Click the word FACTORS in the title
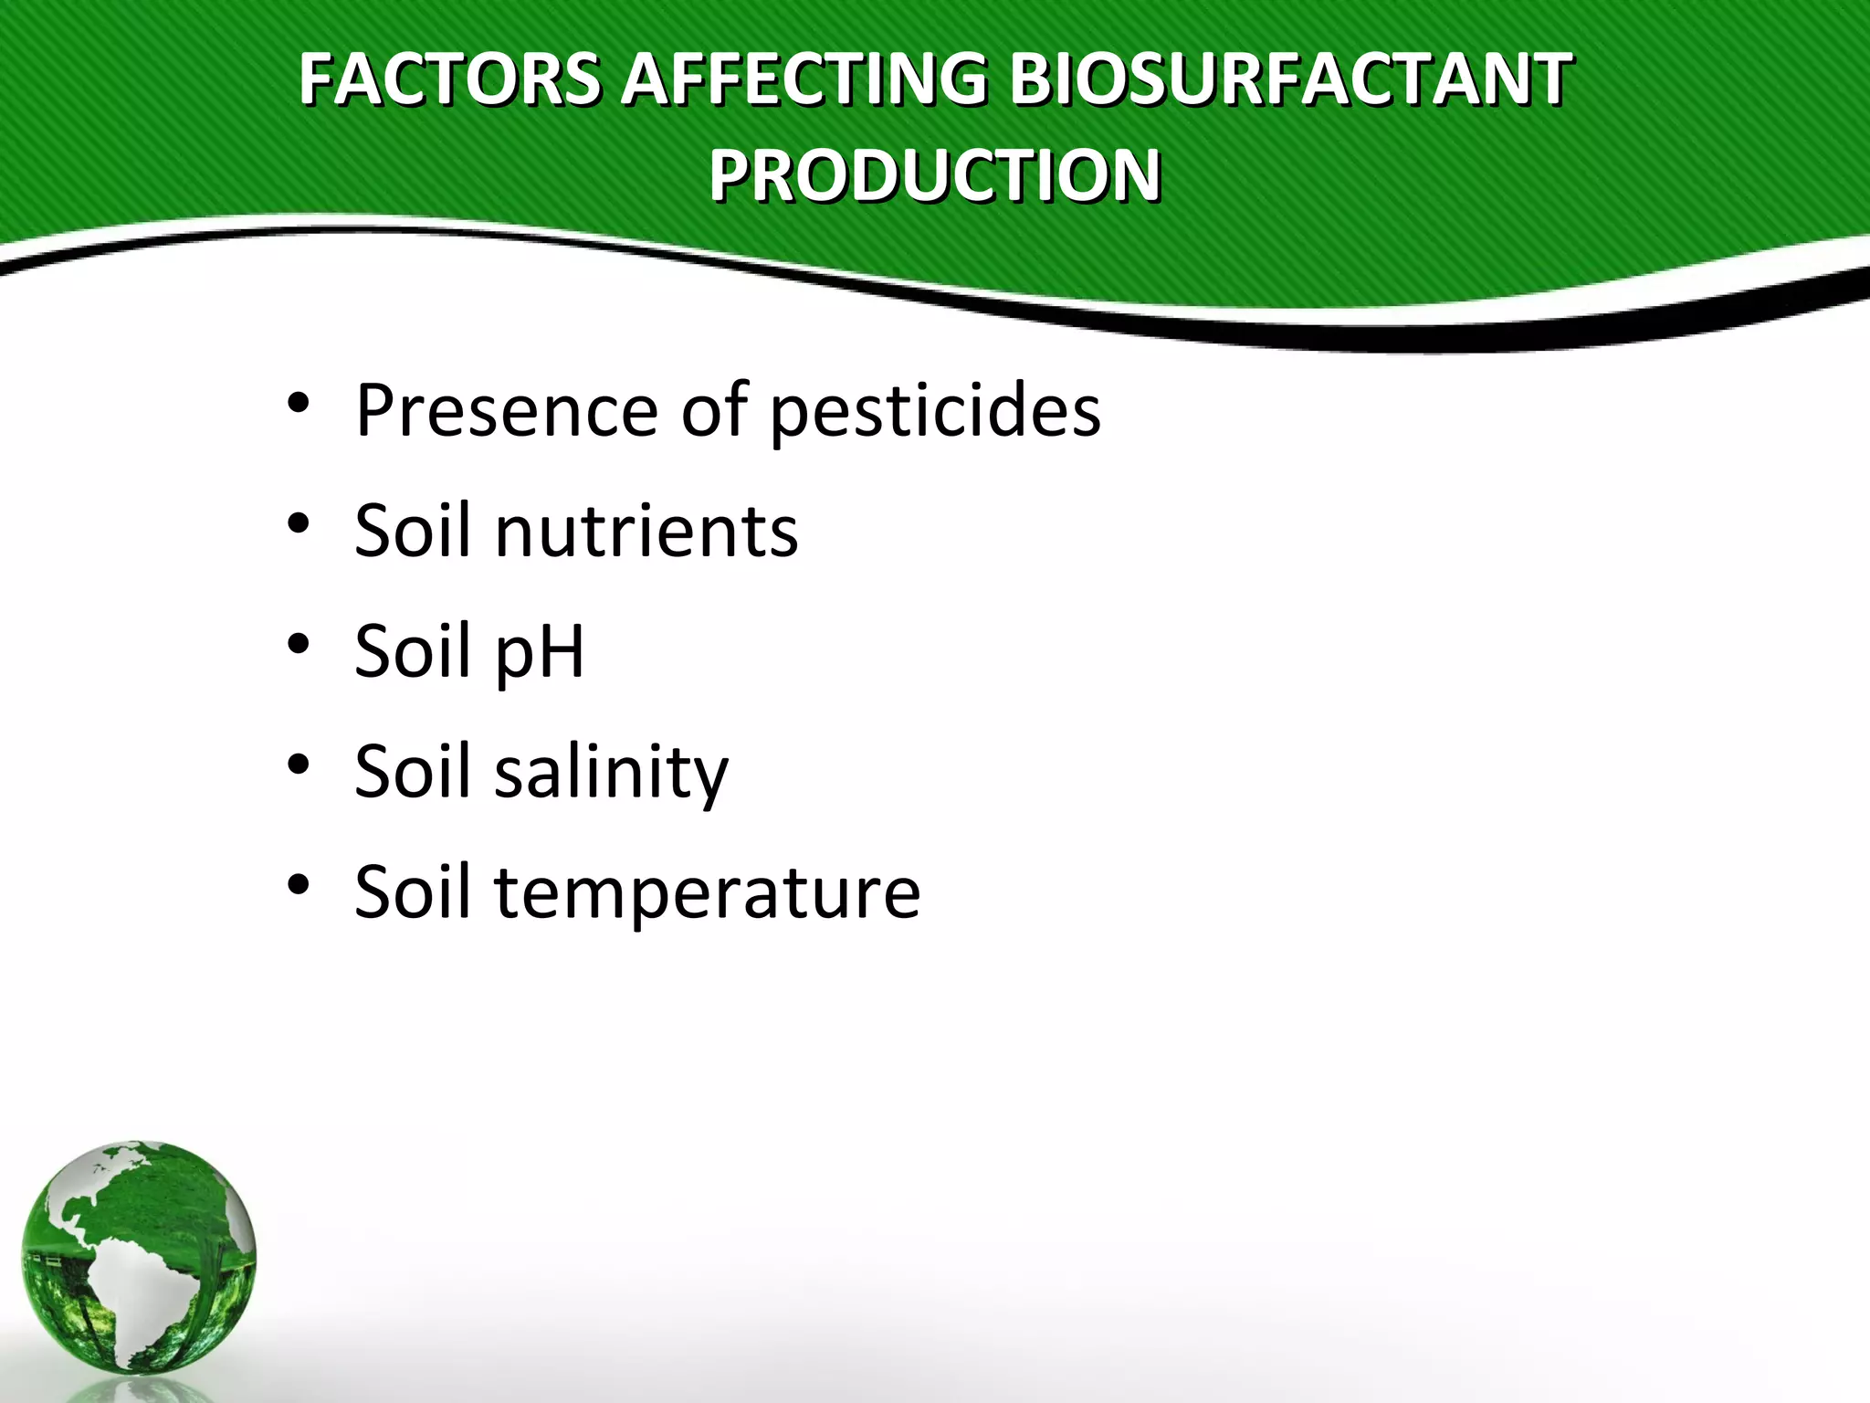(448, 79)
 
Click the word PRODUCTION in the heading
(934, 175)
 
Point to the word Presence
(507, 410)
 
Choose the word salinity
(611, 773)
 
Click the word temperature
(708, 892)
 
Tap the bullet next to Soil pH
(299, 644)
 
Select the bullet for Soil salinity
(299, 765)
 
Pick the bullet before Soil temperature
(299, 884)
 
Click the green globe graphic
(139, 1257)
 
